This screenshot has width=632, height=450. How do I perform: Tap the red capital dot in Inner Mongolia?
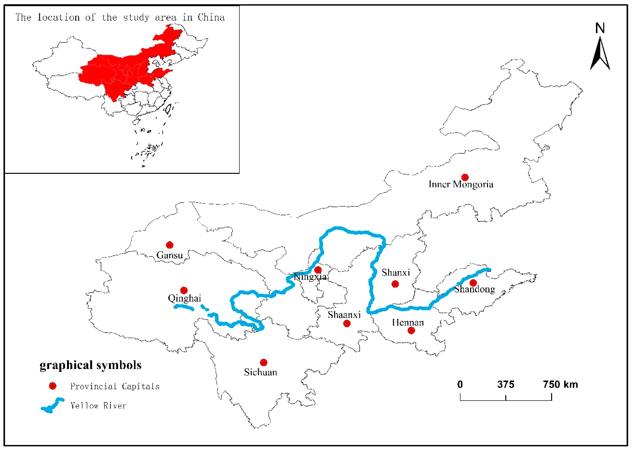pos(465,177)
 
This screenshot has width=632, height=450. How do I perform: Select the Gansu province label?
pos(170,255)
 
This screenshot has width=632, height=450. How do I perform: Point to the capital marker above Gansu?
pos(170,245)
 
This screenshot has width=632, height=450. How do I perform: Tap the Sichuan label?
pos(260,372)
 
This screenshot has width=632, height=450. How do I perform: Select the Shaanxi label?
pos(344,315)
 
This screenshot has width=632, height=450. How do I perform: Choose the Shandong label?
pos(474,289)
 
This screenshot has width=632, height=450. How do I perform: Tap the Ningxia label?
pos(310,277)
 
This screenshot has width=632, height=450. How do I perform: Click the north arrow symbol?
pos(600,53)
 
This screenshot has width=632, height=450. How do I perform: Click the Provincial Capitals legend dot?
pos(52,386)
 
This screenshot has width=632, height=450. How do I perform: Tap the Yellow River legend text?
pos(98,406)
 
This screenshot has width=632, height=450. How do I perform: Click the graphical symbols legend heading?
pos(90,365)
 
